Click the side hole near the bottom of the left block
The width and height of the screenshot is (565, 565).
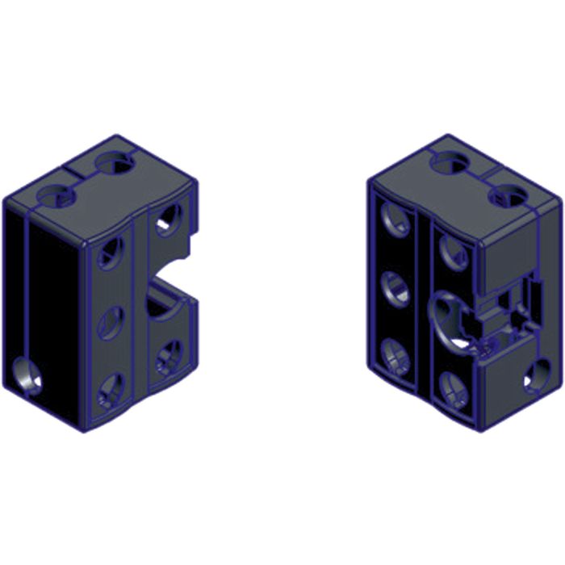click(27, 377)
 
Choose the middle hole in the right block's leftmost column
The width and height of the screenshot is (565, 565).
click(394, 288)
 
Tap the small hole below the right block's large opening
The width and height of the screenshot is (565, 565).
click(452, 379)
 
